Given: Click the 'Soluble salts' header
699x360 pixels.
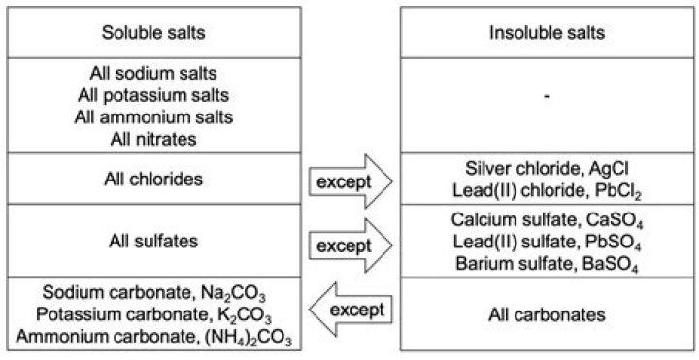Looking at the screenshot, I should [x=154, y=32].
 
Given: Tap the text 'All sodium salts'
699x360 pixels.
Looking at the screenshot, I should [x=154, y=74].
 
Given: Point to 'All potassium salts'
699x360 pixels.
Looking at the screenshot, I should [x=154, y=95].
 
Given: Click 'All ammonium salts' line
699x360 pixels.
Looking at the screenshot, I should [x=154, y=116].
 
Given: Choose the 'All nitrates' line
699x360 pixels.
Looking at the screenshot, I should [x=154, y=138].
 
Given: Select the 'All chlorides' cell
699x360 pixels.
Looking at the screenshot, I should [x=154, y=179].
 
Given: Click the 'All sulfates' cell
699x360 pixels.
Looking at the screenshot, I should [x=154, y=240].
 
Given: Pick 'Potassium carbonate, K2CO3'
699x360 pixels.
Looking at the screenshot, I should [x=154, y=314].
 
